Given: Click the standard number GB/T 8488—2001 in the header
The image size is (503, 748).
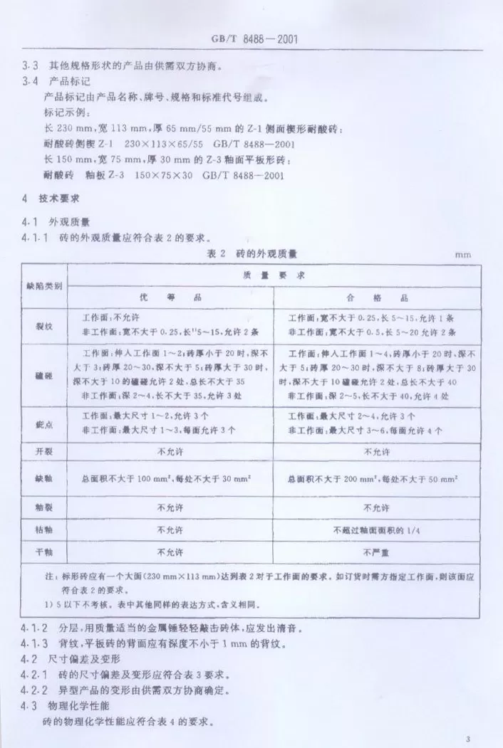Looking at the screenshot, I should click(251, 40).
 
